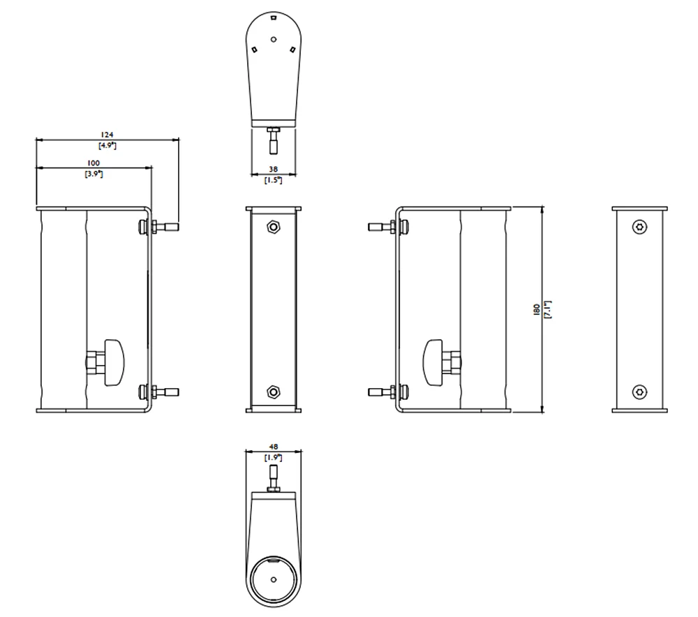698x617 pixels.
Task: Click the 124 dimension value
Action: coord(107,134)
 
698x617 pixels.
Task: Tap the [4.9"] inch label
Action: coord(107,145)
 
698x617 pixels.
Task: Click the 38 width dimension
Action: coord(273,169)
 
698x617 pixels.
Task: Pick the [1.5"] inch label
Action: coord(273,179)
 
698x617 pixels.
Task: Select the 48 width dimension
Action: coord(273,447)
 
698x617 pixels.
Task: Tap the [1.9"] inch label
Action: coord(273,458)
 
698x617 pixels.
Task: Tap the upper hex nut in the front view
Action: coord(273,228)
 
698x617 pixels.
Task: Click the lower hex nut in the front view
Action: coord(273,392)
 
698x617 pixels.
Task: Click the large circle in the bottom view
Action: coord(273,579)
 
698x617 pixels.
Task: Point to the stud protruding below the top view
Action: coord(273,142)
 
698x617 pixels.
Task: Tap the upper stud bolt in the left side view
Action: coord(165,226)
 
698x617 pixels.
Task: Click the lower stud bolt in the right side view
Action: coord(380,392)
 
